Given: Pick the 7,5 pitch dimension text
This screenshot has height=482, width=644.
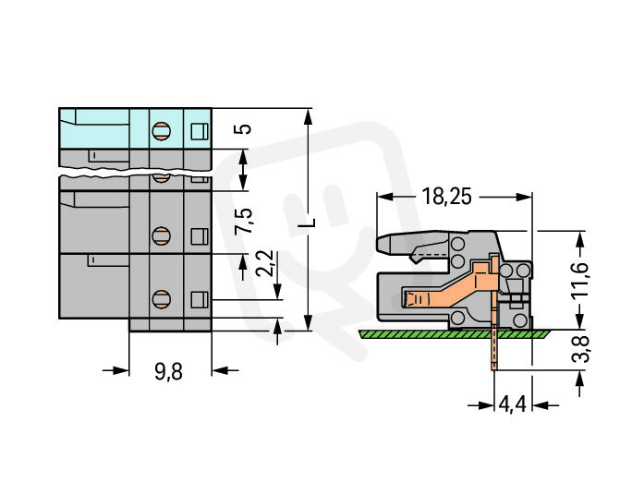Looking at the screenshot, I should (244, 221).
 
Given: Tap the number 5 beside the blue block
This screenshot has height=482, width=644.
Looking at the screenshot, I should (243, 128).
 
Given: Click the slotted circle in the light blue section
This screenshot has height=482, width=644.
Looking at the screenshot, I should (160, 130).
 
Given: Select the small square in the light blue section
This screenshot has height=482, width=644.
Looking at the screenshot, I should (198, 130).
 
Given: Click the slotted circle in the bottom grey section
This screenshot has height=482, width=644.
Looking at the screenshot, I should (160, 299).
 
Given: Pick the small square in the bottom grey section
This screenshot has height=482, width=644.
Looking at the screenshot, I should (198, 299).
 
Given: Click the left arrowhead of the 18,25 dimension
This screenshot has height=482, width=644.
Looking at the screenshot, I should (383, 197).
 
